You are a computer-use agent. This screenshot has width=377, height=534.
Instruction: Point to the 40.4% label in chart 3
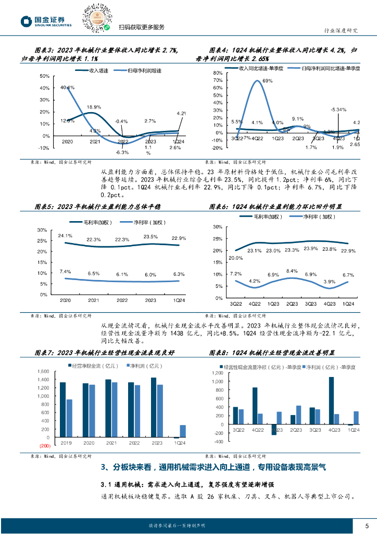tap(68, 88)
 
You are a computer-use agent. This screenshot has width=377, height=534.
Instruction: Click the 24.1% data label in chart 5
tap(65, 236)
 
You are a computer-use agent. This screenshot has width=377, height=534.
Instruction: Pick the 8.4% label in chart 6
tap(292, 271)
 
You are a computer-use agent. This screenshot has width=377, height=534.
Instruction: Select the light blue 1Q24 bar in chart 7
tap(183, 431)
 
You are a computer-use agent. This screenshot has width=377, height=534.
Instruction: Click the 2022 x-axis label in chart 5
tap(122, 301)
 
